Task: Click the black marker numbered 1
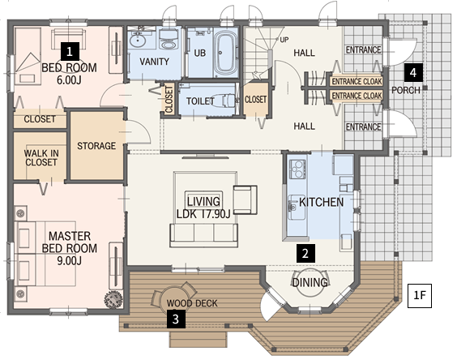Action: (70, 51)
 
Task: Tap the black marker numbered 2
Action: (305, 253)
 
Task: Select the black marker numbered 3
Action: (176, 319)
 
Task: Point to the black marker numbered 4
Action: (413, 72)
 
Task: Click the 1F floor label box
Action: (420, 295)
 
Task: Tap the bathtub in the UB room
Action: (225, 53)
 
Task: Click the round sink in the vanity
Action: (138, 40)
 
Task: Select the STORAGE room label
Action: (96, 146)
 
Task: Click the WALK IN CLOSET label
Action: (41, 157)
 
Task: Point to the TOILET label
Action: (200, 101)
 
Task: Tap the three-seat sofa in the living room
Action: (203, 235)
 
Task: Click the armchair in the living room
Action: (245, 199)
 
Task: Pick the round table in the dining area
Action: (310, 282)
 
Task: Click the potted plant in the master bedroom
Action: (113, 299)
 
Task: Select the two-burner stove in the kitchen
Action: (297, 169)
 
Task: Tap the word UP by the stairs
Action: (284, 40)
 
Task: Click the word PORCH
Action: (406, 90)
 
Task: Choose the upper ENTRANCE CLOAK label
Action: (357, 81)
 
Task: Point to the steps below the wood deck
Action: (199, 339)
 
